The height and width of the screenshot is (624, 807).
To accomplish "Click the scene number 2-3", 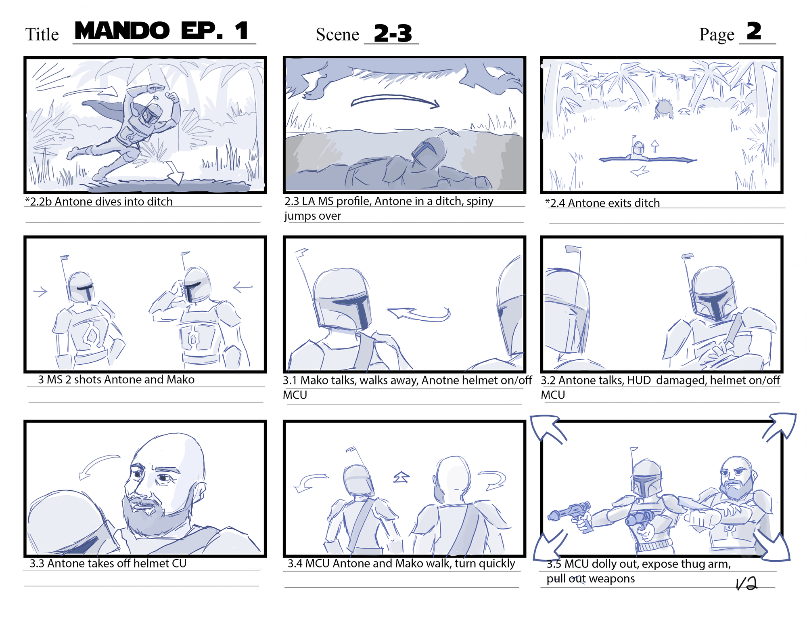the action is coord(393,33).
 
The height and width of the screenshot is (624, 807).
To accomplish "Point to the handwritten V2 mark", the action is coord(746,583).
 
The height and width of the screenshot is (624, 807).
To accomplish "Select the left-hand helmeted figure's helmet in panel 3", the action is coord(80,287).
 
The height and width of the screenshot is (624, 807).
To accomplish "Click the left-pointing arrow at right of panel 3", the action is coord(243,287).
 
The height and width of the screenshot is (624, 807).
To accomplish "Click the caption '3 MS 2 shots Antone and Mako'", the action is coord(116,380).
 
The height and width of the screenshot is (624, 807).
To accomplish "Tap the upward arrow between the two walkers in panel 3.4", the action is coord(401,477).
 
